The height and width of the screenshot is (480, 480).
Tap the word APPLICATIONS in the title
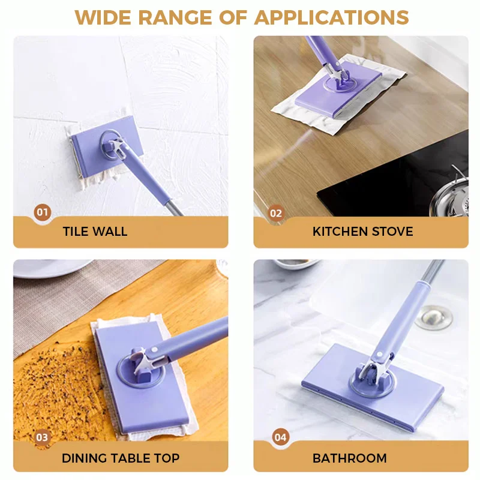pos(331,17)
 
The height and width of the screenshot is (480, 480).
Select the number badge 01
pos(42,212)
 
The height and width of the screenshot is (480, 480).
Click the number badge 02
pos(275,212)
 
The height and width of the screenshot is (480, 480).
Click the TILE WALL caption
pos(95,232)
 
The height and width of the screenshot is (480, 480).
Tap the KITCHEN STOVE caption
pos(362,232)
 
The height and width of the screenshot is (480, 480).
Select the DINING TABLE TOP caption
pos(120,458)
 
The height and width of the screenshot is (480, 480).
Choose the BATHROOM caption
pos(349,458)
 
